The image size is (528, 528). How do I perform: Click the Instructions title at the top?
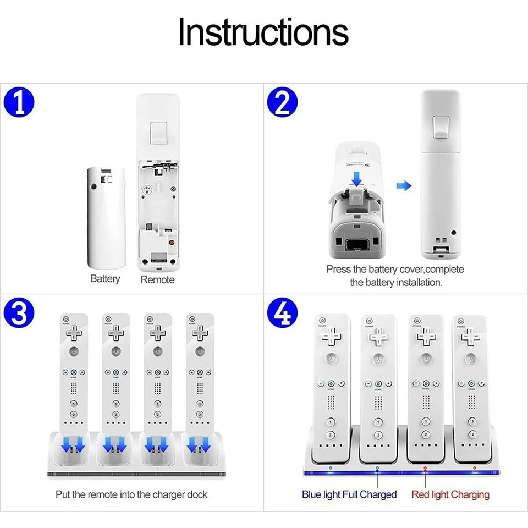[263, 32]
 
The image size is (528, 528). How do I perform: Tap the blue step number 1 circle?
[20, 103]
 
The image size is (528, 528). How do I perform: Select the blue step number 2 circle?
[282, 103]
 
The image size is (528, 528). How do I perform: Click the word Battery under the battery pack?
[105, 279]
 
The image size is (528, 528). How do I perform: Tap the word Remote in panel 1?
[157, 279]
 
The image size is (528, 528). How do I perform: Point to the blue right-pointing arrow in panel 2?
[404, 186]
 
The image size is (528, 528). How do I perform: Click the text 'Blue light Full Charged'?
[349, 494]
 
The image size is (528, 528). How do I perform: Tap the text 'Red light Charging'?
[450, 494]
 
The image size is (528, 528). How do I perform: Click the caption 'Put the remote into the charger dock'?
[131, 494]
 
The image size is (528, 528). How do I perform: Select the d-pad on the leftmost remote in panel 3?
[74, 332]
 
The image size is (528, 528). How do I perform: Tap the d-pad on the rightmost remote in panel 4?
[470, 337]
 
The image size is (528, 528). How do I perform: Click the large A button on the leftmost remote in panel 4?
[332, 359]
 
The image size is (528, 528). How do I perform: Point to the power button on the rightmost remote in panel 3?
[192, 318]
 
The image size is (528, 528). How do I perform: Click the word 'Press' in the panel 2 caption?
[338, 269]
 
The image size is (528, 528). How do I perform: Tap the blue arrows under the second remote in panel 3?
[115, 444]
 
